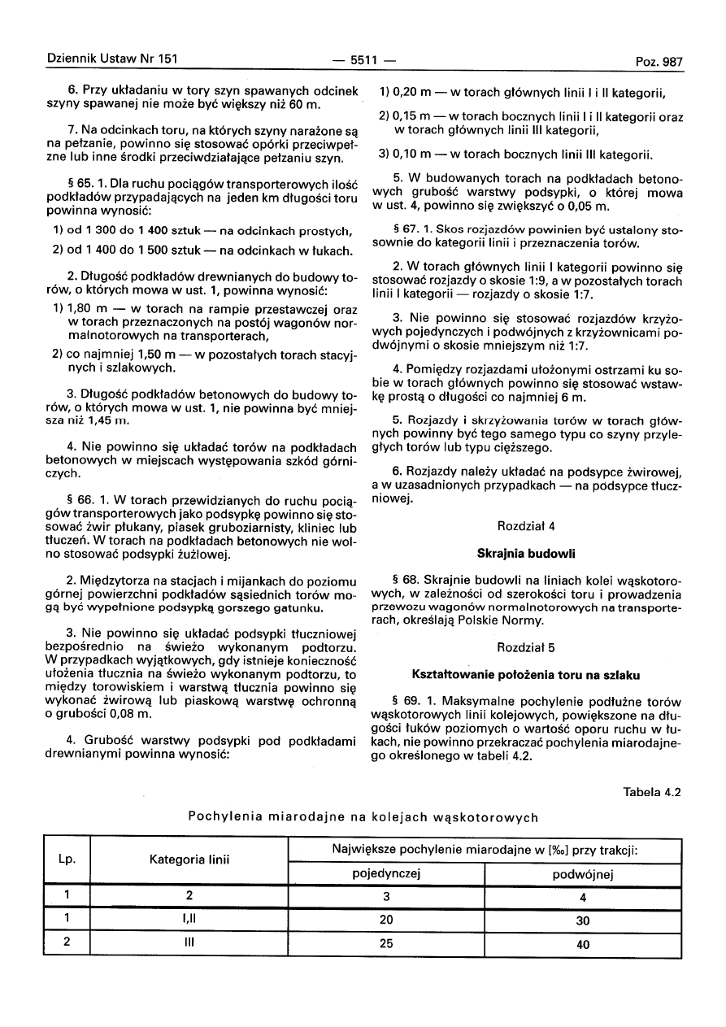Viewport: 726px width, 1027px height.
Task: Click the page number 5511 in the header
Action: (363, 60)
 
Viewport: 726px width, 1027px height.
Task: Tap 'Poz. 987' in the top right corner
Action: (659, 61)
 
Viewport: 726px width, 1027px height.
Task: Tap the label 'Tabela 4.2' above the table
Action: (652, 791)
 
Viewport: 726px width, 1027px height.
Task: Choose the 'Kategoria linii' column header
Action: (189, 858)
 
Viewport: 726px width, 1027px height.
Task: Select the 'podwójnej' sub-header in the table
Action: (582, 874)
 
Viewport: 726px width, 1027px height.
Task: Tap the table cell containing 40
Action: (582, 944)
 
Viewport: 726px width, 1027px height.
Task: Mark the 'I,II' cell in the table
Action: (189, 920)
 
